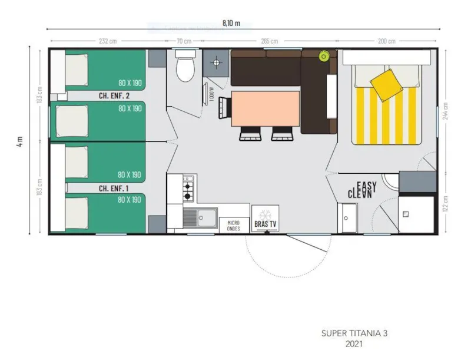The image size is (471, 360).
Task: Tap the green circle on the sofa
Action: click(323, 56)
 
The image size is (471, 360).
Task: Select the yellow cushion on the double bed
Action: click(385, 84)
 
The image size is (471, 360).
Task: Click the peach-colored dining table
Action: click(266, 108)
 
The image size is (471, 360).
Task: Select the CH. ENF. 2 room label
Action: click(114, 95)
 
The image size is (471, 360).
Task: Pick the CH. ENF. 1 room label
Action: click(114, 188)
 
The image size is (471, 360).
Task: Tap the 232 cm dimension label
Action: click(107, 41)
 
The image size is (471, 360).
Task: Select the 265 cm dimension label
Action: click(270, 41)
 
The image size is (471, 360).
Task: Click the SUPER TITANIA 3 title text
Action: click(354, 333)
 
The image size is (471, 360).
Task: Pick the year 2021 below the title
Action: click(354, 345)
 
